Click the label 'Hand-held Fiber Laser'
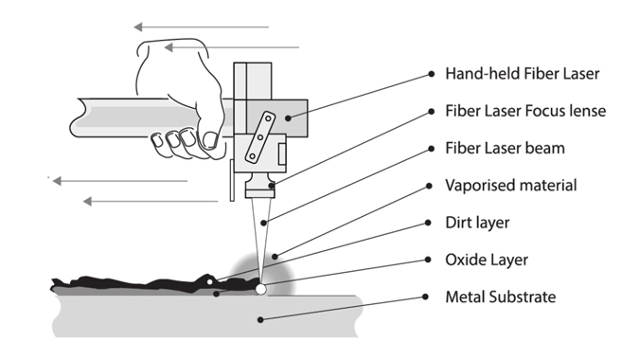522,74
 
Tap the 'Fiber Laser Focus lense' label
525,111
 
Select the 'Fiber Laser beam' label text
505,148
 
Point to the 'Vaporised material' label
511,185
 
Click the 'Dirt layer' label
477,223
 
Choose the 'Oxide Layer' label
487,260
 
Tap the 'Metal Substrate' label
501,297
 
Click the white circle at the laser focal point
260,290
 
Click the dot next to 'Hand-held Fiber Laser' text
431,74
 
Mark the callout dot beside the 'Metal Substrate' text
425,297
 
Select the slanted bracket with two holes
260,137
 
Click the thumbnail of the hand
209,139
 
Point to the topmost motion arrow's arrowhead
138,27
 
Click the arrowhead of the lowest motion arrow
87,202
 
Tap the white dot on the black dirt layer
210,281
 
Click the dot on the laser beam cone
264,223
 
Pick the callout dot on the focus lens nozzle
272,186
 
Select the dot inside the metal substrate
260,320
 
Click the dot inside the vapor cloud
275,257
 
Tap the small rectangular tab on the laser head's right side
282,153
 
